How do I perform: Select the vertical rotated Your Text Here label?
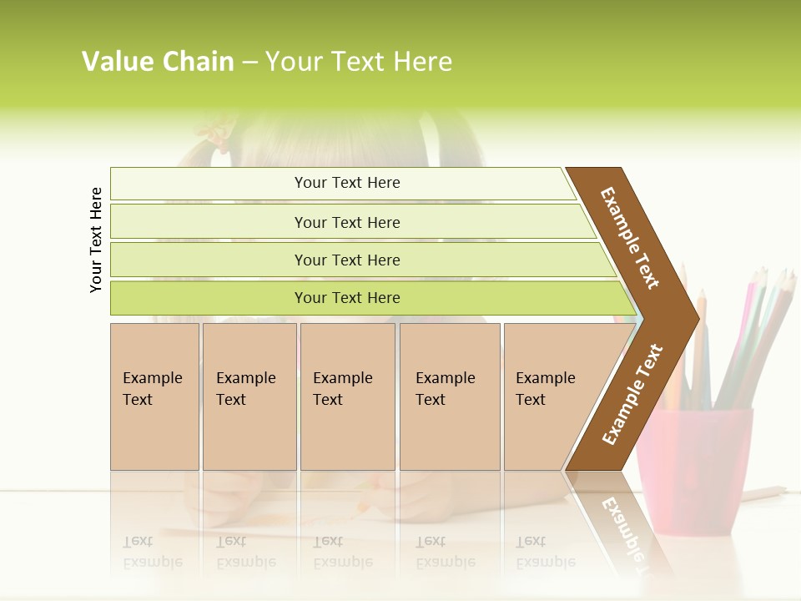[96, 240]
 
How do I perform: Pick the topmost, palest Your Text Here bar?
[346, 183]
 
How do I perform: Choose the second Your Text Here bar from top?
[346, 222]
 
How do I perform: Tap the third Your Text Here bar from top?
[346, 260]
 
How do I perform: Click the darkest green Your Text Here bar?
[346, 298]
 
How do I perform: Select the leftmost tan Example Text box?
[154, 396]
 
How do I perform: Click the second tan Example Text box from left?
[249, 396]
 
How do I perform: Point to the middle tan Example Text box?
[347, 396]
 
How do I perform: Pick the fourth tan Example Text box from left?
[449, 396]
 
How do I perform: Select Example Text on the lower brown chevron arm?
[632, 394]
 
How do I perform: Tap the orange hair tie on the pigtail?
[219, 134]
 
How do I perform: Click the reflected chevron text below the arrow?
[619, 530]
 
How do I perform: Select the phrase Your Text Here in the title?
[359, 62]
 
